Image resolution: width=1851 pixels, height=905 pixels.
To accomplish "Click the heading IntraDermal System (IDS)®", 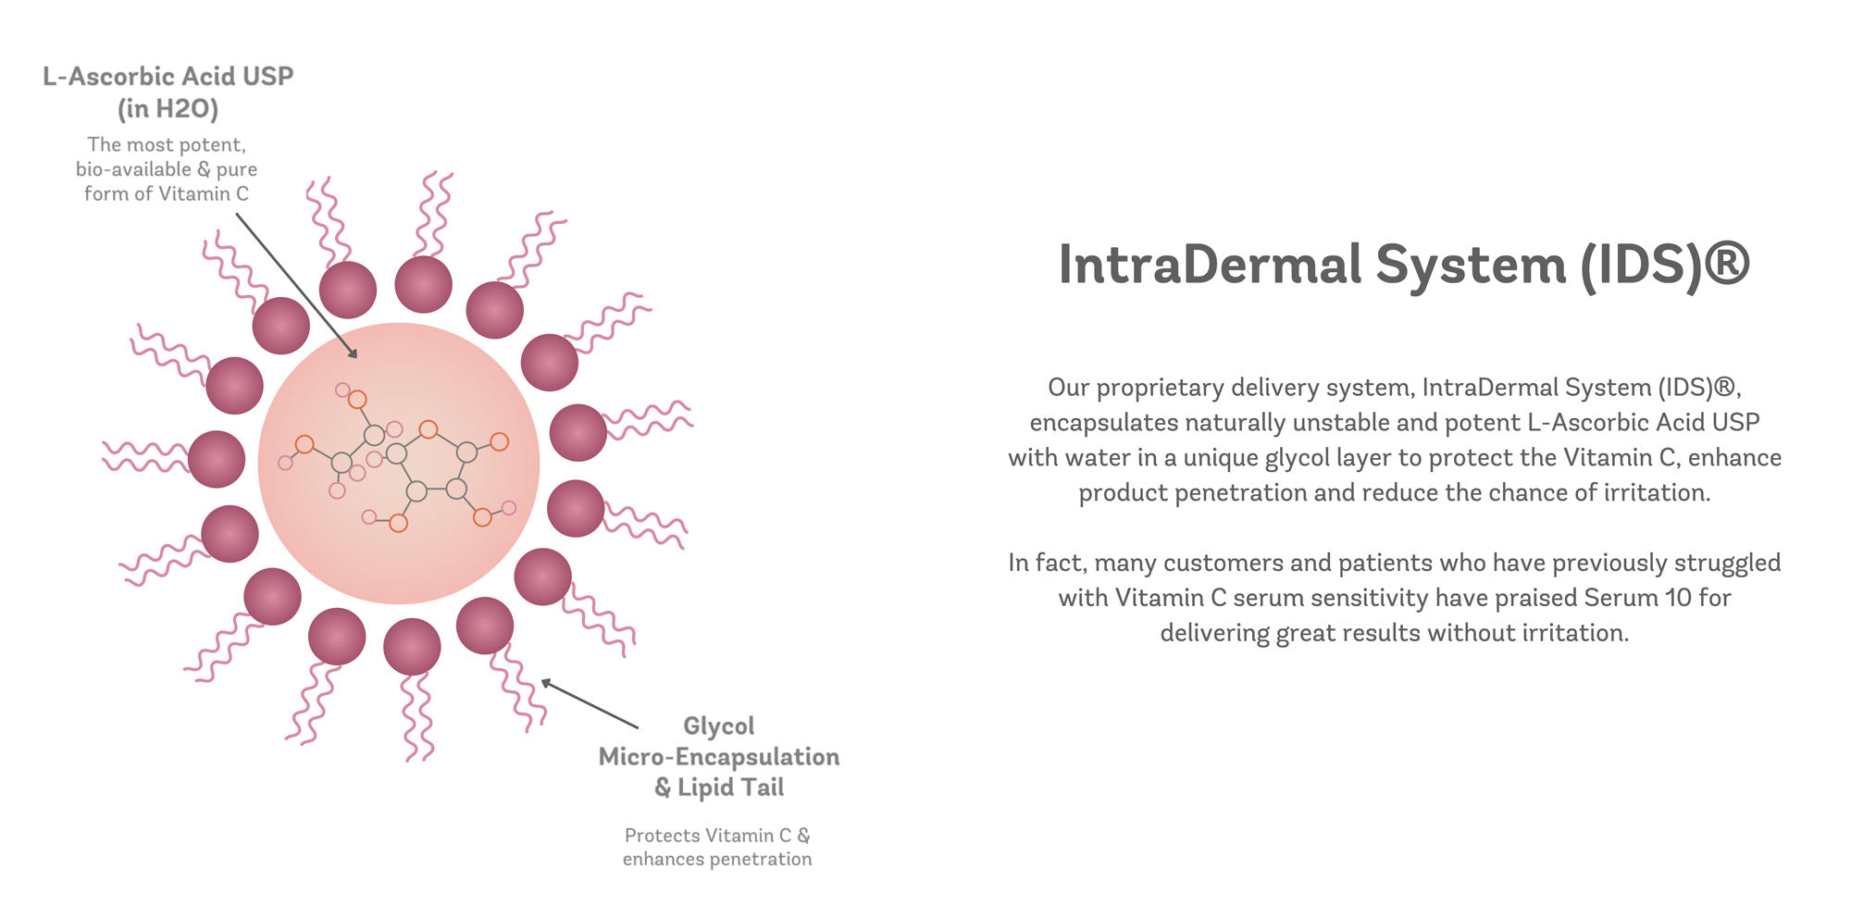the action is pos(1404,265).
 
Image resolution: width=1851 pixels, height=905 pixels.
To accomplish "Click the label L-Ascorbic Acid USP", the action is pos(168,76).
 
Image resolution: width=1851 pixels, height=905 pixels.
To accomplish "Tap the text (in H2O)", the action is pos(168,109).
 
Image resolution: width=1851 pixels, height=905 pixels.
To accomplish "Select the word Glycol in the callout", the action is pos(719,726).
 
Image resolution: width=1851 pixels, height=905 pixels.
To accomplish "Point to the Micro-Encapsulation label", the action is pos(719,757).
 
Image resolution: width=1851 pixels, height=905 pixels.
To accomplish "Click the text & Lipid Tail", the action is pos(719,787).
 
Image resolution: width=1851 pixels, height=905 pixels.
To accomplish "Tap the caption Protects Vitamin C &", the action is pos(717,835).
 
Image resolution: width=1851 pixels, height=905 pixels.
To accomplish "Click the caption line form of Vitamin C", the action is pos(167,193).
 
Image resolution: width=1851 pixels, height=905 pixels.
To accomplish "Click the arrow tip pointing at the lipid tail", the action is pos(542,680).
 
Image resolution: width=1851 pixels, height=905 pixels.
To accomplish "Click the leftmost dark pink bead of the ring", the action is pos(217,459).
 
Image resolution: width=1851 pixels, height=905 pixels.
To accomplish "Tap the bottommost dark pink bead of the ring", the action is pos(412,647).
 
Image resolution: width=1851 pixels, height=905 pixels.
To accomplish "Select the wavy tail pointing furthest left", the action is pos(145,457).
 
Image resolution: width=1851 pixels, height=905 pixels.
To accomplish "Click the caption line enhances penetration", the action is pos(717,859).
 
